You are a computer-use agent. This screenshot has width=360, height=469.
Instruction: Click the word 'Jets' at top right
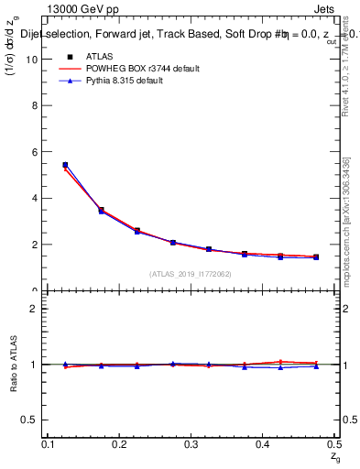pos(324,10)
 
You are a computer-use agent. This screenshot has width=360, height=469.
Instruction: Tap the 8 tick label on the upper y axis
pos(36,106)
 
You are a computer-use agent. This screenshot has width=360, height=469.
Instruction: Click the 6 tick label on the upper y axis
pos(36,152)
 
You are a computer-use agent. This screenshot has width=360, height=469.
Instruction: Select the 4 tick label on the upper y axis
pos(36,199)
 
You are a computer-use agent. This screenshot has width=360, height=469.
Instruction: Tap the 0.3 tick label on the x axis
pos(191,444)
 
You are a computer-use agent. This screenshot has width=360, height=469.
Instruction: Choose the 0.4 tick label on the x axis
pos(262,444)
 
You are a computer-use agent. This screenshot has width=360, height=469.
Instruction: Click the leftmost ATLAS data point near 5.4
pos(65,165)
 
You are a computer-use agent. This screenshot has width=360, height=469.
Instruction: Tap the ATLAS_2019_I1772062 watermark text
pos(191,274)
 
